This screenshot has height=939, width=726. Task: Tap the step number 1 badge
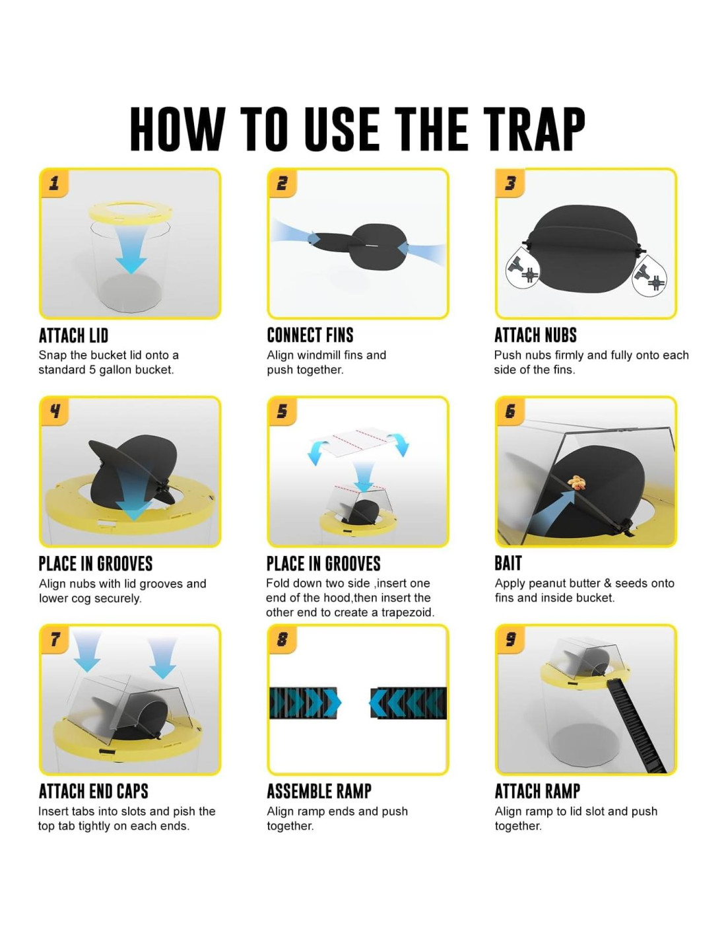(x=54, y=184)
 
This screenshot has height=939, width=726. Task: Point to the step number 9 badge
(x=510, y=640)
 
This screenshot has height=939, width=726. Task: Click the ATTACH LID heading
(x=73, y=335)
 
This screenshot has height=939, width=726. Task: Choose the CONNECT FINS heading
(x=310, y=335)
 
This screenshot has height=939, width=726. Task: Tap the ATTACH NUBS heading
(x=535, y=335)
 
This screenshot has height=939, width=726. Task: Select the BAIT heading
(x=508, y=563)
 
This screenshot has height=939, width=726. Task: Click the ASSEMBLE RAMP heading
(x=319, y=791)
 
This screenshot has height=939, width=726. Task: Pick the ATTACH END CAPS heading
(x=93, y=791)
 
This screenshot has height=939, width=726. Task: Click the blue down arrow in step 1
(x=130, y=249)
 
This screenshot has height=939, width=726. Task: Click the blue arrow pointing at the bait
(x=553, y=510)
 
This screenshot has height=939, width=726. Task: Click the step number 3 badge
(x=510, y=184)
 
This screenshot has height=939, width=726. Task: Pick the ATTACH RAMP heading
(x=537, y=791)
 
